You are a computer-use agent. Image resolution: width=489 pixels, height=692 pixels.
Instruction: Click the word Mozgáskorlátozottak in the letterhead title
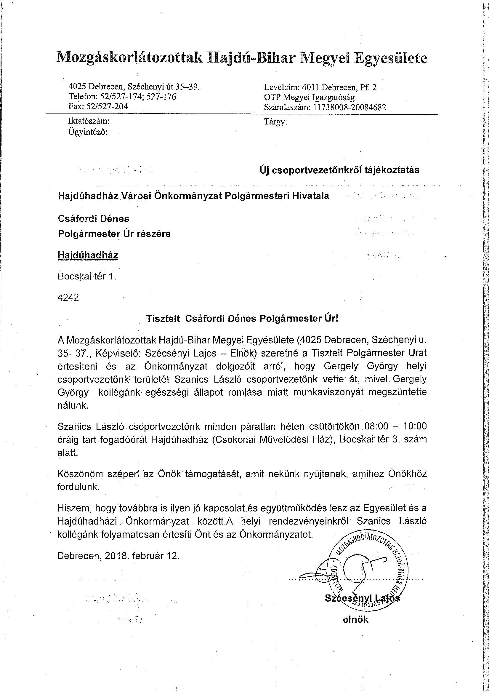coord(130,57)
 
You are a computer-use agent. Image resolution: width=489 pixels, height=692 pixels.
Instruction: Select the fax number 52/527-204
coord(107,106)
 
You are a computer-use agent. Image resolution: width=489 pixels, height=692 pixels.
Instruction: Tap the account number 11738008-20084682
coord(350,107)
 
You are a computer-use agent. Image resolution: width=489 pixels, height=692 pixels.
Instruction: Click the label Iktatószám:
coord(89,121)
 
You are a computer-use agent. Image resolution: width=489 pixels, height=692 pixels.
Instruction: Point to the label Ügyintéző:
coord(88,132)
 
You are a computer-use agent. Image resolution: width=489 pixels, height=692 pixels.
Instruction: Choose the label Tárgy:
coord(275,122)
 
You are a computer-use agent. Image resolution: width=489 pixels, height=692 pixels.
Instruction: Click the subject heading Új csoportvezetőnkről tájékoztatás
coord(339,170)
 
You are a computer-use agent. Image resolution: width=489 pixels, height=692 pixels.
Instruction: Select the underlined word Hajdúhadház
coord(88,255)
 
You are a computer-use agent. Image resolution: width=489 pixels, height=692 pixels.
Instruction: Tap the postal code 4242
coord(68,298)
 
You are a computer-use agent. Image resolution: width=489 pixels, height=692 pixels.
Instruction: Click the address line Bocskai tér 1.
coord(87,277)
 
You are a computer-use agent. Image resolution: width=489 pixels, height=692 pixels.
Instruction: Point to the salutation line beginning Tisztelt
coord(242,319)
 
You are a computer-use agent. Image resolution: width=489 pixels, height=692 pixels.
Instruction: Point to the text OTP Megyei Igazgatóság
coord(309,97)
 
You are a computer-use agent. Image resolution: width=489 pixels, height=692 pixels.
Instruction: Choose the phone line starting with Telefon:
coord(122,96)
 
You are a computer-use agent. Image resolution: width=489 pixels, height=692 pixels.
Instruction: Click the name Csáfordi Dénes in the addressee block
coord(93,218)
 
